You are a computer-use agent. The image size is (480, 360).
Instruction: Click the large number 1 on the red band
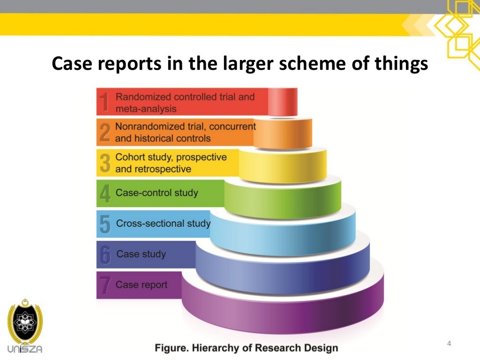pos(105,103)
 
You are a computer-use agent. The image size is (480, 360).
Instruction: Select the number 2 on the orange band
pos(105,133)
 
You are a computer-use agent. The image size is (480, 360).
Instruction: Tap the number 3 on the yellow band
pos(105,163)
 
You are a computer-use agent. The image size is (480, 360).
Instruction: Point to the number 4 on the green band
pos(105,194)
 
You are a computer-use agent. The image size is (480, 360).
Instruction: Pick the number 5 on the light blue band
pos(105,224)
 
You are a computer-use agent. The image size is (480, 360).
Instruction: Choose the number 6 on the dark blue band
pos(105,255)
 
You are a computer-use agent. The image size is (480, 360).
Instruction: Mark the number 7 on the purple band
pos(105,285)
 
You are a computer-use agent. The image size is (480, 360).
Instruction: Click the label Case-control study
pos(157,193)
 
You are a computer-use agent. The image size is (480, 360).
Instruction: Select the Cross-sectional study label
pos(163,223)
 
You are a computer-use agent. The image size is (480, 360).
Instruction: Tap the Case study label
pos(141,254)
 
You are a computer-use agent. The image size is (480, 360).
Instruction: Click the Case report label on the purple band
pos(141,285)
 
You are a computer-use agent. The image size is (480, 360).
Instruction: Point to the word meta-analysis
pos(146,109)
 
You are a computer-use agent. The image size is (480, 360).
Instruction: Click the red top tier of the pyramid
pos(283,102)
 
